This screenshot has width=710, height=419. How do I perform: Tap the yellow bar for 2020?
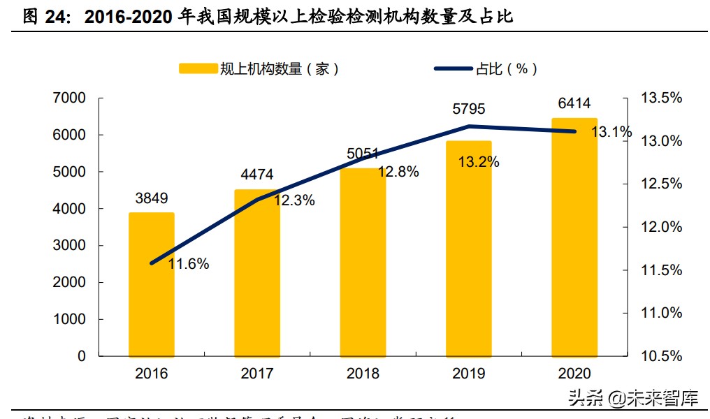pos(574,237)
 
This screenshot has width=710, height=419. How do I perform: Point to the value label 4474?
pos(257,175)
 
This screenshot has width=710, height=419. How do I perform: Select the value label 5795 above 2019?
pos(468,109)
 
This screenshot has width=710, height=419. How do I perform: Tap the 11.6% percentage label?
pos(189,264)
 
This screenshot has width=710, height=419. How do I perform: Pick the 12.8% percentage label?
pos(398,172)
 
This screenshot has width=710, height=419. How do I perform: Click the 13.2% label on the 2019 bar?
pos(479,162)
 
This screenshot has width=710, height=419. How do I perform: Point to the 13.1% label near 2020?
pos(611,132)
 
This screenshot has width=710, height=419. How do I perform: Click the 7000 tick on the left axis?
pos(69,98)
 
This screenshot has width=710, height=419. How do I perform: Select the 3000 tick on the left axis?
pos(69,246)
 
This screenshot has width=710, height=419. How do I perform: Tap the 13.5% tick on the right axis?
pos(661,98)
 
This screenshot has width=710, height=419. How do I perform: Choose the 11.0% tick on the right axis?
pos(661,313)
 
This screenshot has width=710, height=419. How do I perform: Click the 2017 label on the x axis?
pos(257,374)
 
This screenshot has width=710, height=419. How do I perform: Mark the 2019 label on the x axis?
pos(468,374)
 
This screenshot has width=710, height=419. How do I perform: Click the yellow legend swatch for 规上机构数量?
pos(197,68)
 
